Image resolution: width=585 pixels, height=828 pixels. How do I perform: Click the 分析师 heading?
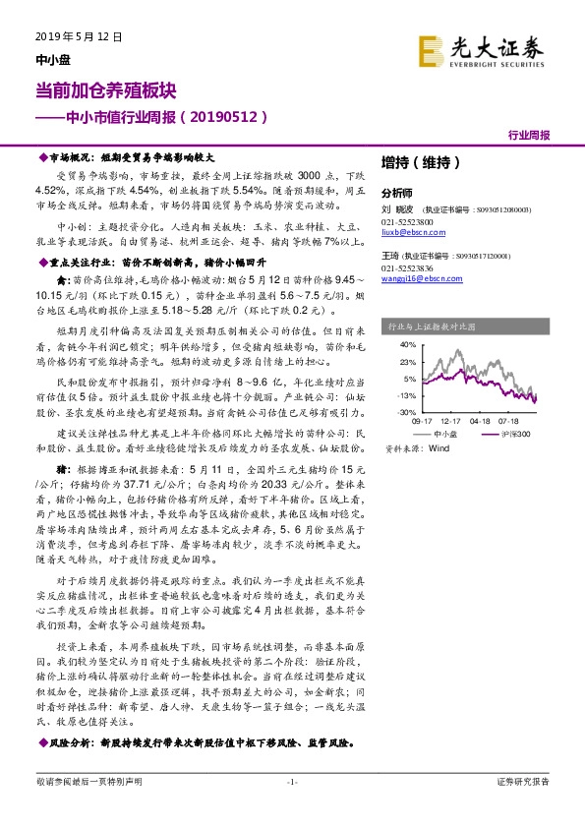(x=396, y=193)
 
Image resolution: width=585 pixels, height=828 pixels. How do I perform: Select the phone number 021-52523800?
(x=404, y=221)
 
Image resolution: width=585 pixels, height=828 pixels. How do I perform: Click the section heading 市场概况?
(x=71, y=157)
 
